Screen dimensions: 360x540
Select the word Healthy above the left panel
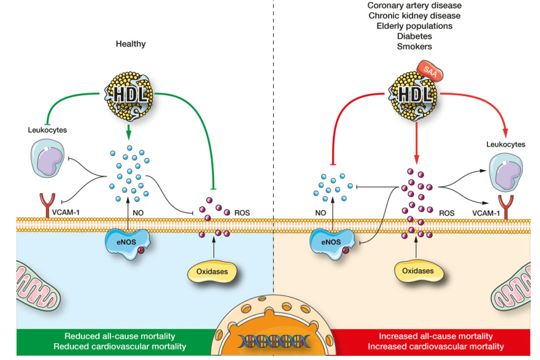pos(130,43)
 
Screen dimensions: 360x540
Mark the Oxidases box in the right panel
pos(414,270)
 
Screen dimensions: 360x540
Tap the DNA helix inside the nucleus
pos(271,341)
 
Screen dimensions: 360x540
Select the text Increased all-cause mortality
pos(436,336)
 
